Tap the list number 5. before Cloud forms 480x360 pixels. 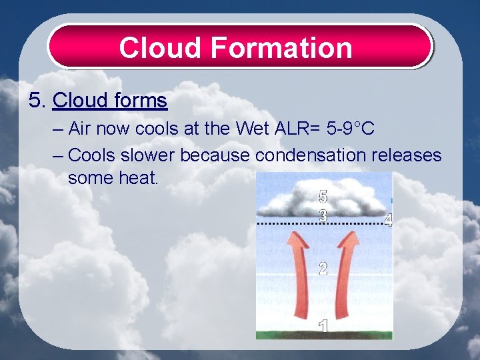point(38,101)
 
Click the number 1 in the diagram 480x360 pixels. point(323,327)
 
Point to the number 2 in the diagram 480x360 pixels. point(323,269)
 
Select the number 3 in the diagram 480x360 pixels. point(323,216)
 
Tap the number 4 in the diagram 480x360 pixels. point(388,220)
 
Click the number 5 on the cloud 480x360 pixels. point(323,197)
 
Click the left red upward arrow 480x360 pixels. point(302,280)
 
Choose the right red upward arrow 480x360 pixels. point(347,280)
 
